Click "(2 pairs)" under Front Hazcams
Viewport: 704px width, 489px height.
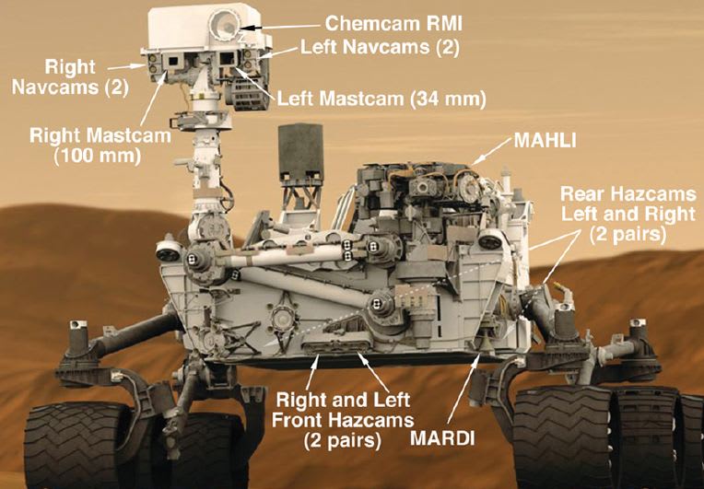343,440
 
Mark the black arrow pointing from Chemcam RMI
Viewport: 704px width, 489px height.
262,27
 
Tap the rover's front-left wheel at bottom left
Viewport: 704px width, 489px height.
74,442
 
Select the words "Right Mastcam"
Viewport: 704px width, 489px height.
100,136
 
